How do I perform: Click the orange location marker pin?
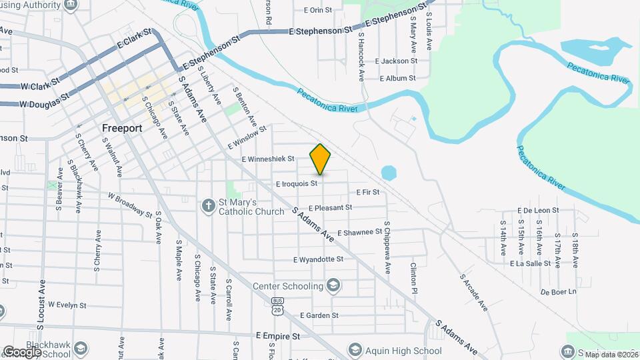321,159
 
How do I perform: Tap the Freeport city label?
123,127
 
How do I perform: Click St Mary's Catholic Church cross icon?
209,206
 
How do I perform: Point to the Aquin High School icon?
355,351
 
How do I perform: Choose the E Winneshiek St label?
268,159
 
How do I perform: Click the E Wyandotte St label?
318,259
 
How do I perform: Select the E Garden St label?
319,315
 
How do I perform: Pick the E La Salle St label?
530,263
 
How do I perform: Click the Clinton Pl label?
414,278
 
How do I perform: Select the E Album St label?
397,78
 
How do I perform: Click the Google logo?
22,351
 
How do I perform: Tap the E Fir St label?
368,192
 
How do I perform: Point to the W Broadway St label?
131,205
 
